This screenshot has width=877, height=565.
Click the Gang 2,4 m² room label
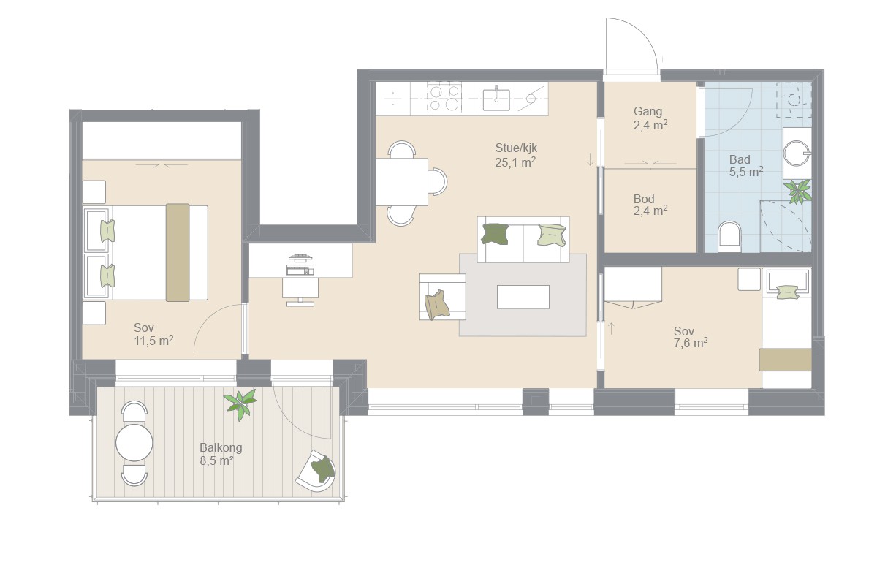click(650, 118)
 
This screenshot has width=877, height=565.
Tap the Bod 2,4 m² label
click(650, 205)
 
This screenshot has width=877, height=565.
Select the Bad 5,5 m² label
click(746, 166)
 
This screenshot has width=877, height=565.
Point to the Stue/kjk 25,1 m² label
click(516, 155)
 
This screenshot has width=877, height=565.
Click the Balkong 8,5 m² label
click(221, 454)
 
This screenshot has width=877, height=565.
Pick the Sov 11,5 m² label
click(153, 334)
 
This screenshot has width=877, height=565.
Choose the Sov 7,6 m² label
click(690, 337)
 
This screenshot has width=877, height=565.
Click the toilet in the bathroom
click(730, 237)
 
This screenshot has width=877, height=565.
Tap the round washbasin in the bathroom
click(797, 154)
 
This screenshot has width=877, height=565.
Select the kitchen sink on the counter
click(496, 99)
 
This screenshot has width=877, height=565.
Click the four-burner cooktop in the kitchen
click(444, 97)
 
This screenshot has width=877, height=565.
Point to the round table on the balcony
click(134, 443)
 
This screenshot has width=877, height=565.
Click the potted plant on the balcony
click(240, 403)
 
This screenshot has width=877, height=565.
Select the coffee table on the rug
click(523, 297)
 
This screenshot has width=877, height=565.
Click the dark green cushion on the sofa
click(495, 234)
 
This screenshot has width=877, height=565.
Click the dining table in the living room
click(402, 182)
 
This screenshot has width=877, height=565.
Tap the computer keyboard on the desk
click(300, 270)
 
